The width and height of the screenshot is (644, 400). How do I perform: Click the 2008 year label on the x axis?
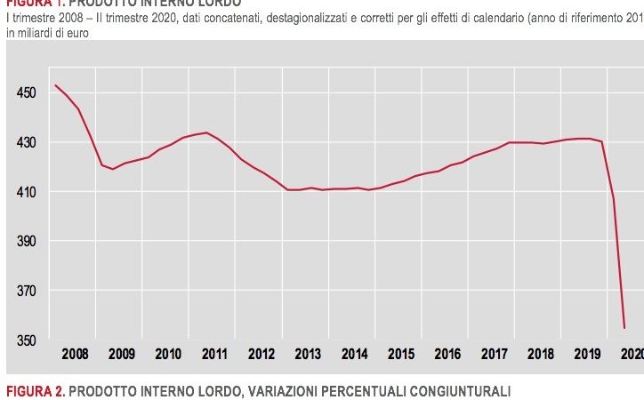tap(75, 354)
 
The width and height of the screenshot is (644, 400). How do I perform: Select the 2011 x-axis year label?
tap(214, 354)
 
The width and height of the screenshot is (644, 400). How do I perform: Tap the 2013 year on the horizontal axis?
tap(308, 354)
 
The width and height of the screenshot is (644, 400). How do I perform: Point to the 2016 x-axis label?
tap(447, 354)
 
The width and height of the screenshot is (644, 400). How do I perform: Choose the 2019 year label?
tap(587, 354)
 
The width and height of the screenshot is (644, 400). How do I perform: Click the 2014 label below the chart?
tap(354, 354)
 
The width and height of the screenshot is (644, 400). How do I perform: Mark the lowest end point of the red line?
tap(624, 329)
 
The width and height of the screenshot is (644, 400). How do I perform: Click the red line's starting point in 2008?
tap(55, 85)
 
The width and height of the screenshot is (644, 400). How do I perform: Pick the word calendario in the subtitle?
tap(467, 20)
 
